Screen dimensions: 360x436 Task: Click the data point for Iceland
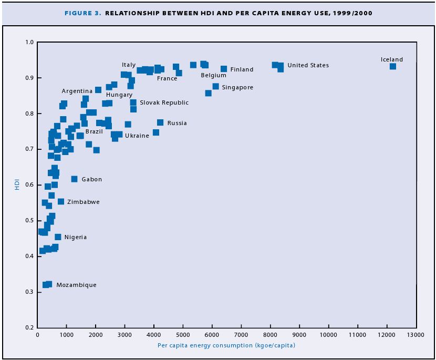point(393,66)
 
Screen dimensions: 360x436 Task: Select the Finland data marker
point(224,69)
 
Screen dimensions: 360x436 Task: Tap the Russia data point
point(160,122)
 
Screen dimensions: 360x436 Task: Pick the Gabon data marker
point(75,179)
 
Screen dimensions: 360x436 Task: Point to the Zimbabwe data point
point(61,202)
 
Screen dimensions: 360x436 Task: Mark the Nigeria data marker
point(58,237)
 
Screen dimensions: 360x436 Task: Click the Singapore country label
point(237,87)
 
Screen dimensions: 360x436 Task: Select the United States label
point(308,65)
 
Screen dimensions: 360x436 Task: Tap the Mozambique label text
point(76,285)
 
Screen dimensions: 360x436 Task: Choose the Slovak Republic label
point(164,102)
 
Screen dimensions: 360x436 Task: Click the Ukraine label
point(137,136)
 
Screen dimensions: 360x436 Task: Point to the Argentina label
point(77,91)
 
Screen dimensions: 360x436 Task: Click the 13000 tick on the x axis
point(416,334)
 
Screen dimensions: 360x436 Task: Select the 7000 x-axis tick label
point(241,334)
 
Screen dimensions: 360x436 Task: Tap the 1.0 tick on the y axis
point(29,42)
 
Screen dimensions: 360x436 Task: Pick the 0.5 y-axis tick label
point(29,220)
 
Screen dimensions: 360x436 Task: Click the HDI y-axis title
point(17,184)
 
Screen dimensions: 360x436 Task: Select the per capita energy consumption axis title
point(226,345)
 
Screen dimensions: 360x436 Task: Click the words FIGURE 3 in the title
point(83,13)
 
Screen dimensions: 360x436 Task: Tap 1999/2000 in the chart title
point(354,13)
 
